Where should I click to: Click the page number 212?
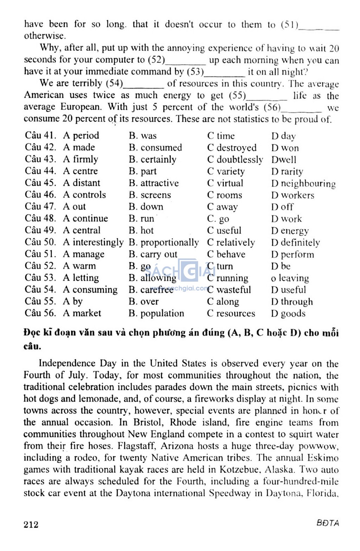(31, 524)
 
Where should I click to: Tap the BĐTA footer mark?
(328, 523)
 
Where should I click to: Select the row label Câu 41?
(40, 135)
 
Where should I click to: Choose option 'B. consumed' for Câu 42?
(155, 147)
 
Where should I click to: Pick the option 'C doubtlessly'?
(235, 160)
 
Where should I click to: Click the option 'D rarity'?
(287, 172)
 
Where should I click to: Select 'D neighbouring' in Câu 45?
(303, 184)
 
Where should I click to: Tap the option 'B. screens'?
(150, 195)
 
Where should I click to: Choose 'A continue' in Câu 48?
(85, 218)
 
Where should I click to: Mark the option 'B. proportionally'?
(163, 242)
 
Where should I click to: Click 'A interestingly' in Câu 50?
(93, 242)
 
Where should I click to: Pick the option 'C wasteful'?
(229, 290)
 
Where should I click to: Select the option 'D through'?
(292, 302)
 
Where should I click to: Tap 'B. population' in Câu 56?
(156, 313)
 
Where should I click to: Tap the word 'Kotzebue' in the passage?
(240, 469)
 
